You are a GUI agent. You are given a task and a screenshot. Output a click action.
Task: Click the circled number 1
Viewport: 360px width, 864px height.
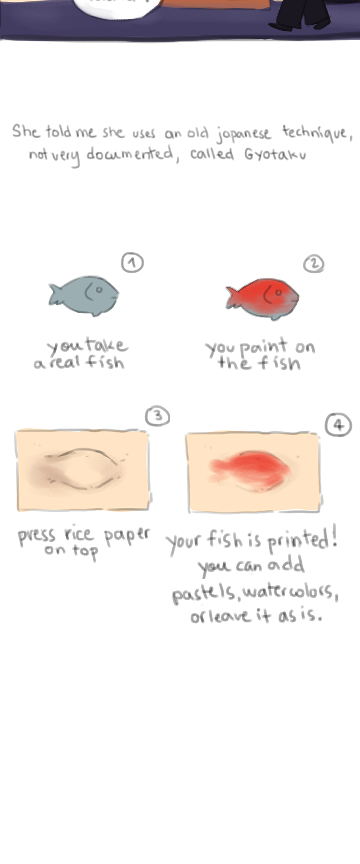(x=132, y=263)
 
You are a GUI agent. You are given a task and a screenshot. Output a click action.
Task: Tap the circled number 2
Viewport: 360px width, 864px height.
(x=314, y=264)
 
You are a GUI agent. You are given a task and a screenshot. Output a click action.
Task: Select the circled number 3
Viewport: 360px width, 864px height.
(x=157, y=416)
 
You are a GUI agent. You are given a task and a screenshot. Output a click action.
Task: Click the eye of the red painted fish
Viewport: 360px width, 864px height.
(x=279, y=293)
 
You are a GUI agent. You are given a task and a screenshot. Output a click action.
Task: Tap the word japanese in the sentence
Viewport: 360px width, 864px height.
(x=243, y=134)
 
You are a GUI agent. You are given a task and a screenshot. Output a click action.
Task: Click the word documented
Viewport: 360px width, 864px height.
(x=130, y=154)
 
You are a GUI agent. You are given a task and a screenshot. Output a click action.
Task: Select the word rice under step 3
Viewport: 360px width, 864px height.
(x=79, y=534)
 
